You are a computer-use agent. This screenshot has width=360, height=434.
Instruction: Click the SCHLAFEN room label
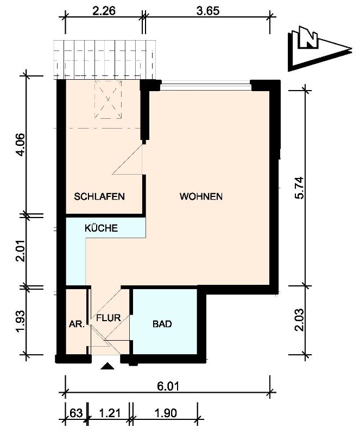click(x=99, y=196)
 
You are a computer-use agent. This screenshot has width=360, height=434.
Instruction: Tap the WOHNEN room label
click(x=201, y=196)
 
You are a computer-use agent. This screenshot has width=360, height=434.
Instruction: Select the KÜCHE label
click(x=101, y=228)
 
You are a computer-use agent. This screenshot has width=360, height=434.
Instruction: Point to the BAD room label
click(x=162, y=324)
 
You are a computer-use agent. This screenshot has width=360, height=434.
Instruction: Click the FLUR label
click(x=109, y=318)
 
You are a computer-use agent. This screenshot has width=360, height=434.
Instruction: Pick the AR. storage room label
click(x=77, y=324)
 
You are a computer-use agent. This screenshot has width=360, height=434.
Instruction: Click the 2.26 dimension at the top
click(x=104, y=11)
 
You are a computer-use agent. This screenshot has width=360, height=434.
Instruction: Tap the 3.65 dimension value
click(x=207, y=11)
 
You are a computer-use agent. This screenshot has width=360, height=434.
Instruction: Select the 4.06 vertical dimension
click(x=21, y=145)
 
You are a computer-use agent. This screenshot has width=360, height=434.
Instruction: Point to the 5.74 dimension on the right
click(x=300, y=188)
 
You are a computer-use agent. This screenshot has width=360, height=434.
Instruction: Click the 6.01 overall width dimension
click(x=168, y=386)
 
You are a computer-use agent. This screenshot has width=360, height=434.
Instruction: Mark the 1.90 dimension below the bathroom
click(x=166, y=413)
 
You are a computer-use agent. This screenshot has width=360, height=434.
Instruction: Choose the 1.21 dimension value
click(x=110, y=413)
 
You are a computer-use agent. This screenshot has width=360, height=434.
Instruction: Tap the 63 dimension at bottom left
click(x=76, y=413)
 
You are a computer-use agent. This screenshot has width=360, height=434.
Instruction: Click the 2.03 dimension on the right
click(x=300, y=320)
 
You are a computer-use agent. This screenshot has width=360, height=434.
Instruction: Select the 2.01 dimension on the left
click(x=21, y=251)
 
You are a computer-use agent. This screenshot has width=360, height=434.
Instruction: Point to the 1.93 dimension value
click(x=21, y=321)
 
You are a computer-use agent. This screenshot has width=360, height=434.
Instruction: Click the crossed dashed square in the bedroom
click(x=108, y=100)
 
